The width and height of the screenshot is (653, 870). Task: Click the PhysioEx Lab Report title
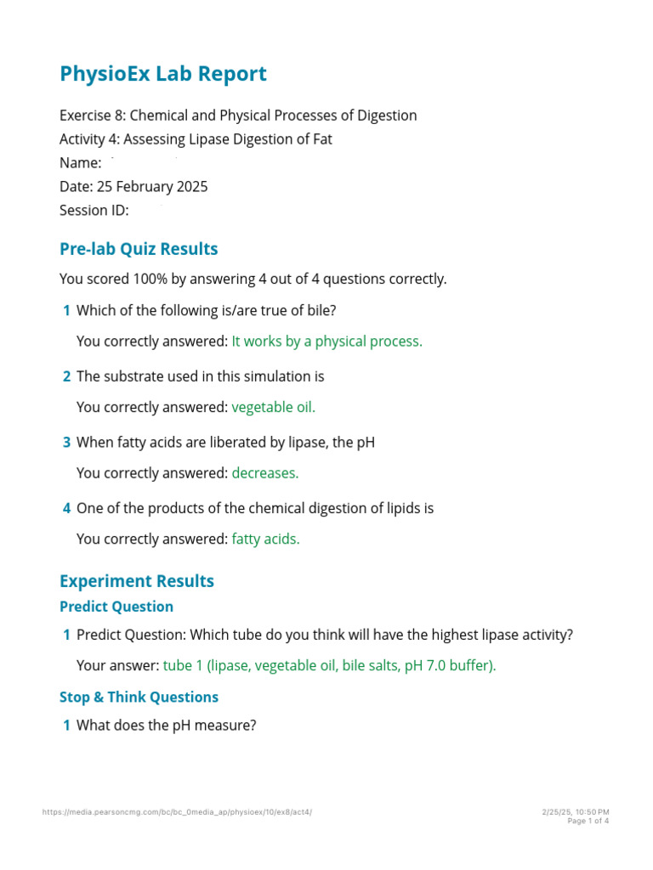pos(162,74)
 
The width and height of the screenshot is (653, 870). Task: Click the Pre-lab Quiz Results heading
pos(139,249)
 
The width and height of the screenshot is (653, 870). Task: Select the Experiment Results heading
pos(137,581)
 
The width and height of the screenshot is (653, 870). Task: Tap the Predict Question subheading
pos(116,607)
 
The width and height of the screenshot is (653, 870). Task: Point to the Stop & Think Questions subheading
pos(139,697)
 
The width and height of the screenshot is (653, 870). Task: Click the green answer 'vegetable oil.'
pos(273,407)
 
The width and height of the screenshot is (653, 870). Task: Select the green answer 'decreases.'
pos(265,472)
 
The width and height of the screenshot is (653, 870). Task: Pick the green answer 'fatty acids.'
pos(265,539)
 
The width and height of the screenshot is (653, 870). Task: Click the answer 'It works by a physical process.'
pos(326,342)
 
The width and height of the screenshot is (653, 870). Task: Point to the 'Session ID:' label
pos(94,210)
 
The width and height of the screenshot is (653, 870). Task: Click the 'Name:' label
pos(81,162)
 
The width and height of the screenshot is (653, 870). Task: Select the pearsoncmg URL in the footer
pos(177,812)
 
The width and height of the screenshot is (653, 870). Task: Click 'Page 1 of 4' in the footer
pos(588,821)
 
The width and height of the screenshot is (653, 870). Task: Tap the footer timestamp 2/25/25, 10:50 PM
pos(576,812)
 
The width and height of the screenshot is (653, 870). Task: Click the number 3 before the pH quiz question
pos(66,442)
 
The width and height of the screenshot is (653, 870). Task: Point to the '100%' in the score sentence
pos(143,279)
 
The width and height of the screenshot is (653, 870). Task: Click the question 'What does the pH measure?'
pos(166,726)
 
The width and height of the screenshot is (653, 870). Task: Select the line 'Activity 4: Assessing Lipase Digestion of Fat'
pos(196,139)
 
